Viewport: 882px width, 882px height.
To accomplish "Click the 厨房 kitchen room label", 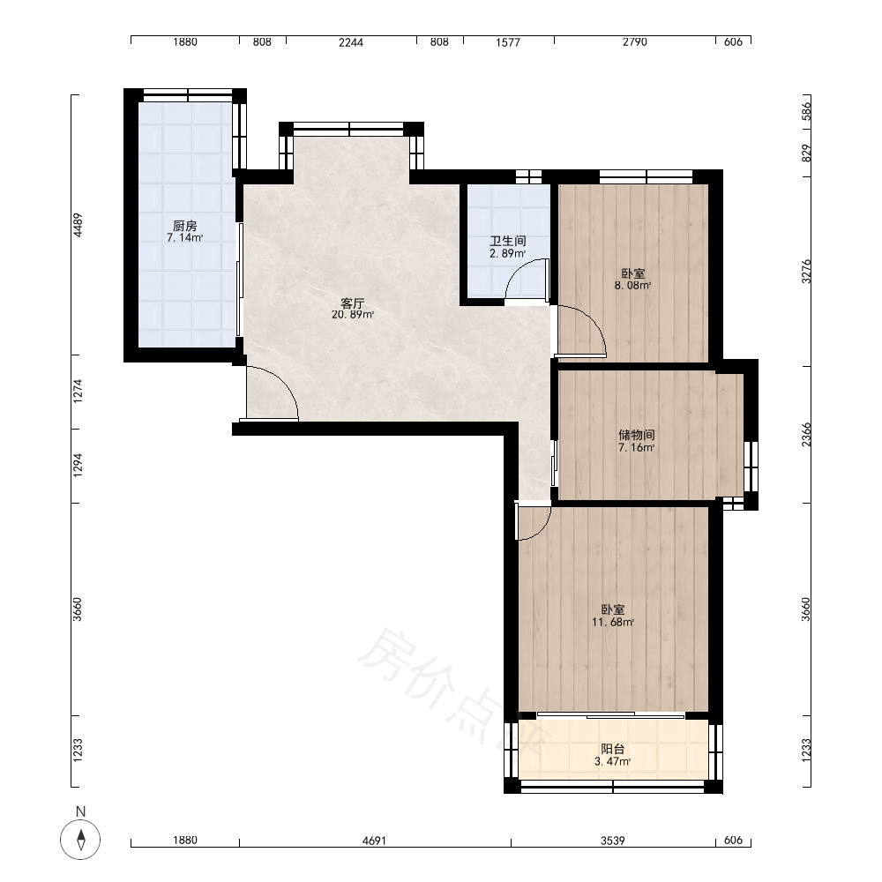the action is click(x=185, y=226).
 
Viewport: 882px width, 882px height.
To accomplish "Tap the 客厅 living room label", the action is click(x=353, y=303).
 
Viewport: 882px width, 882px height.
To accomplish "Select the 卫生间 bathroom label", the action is click(x=508, y=242).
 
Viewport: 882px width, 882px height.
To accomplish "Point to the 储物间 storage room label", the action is click(x=637, y=436).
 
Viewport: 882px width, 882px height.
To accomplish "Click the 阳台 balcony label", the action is click(x=613, y=749).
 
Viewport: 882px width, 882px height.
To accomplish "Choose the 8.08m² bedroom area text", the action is click(x=632, y=286).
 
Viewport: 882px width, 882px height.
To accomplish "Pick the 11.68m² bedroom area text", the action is click(x=613, y=622).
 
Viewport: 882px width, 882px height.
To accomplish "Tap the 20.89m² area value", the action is click(x=353, y=315).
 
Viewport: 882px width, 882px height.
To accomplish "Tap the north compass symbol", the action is click(x=80, y=841).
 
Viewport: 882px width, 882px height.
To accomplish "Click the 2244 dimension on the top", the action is click(x=351, y=42).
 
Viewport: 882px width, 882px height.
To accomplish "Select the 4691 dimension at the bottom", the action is click(x=374, y=841).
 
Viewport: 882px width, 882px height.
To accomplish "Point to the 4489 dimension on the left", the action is click(x=78, y=224).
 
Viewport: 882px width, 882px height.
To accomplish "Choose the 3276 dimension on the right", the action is click(x=807, y=271).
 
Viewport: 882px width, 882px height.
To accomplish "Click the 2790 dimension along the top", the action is click(x=634, y=42).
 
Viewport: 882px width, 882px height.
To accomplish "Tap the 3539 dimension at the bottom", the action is click(x=613, y=841).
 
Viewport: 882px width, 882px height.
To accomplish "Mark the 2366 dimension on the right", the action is click(x=807, y=435).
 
